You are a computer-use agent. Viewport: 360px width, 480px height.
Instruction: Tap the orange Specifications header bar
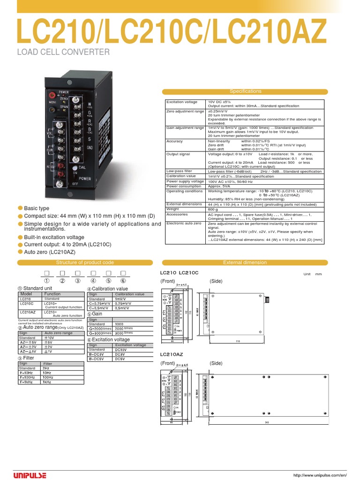[x=246, y=91]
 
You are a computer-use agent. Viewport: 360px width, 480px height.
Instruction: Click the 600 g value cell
[x=213, y=209]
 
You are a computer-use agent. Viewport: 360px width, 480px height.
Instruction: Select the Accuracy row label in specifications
[x=175, y=141]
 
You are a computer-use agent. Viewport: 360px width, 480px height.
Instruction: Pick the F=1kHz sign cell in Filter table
[x=28, y=382]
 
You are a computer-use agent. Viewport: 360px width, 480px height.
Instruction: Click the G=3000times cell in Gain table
[x=99, y=333]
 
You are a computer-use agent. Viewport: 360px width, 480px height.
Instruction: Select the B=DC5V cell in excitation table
[x=98, y=359]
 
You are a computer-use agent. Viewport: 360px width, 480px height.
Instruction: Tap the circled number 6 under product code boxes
[x=124, y=281]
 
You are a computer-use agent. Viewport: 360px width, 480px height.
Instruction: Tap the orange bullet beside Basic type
[x=20, y=208]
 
